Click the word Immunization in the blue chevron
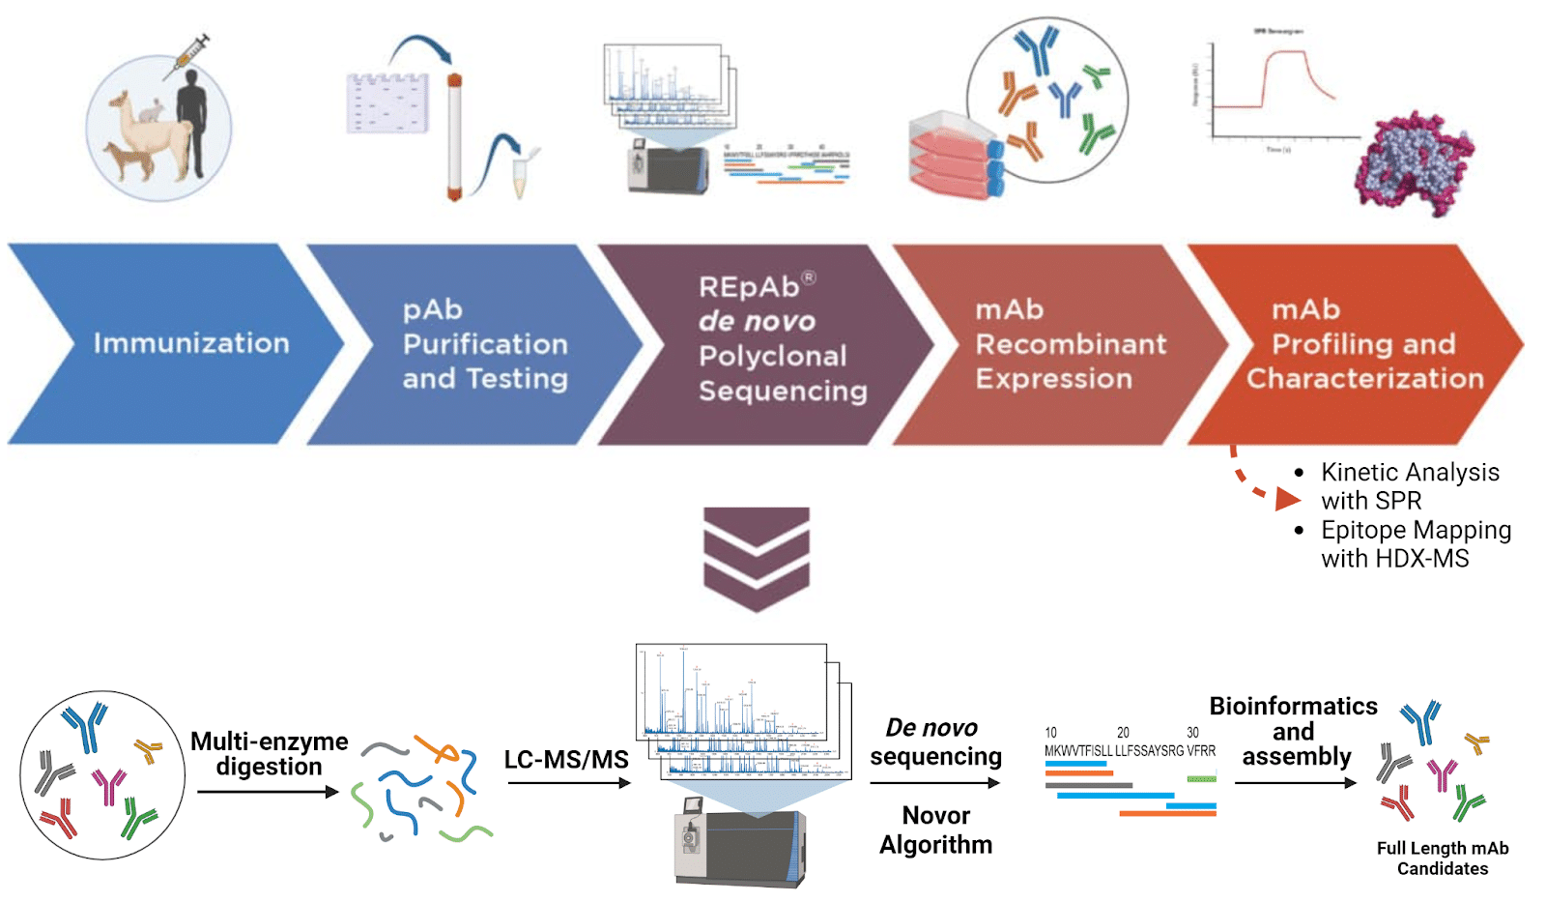(191, 343)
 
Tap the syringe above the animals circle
(187, 56)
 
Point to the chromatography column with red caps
(454, 135)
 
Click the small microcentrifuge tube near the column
(521, 175)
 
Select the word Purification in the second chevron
(485, 344)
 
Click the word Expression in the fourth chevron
(1053, 378)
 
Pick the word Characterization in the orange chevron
(1364, 378)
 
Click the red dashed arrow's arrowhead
(1286, 499)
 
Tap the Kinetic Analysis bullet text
(1409, 473)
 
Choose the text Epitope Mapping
(1415, 530)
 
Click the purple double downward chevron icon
(757, 558)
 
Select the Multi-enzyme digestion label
(269, 754)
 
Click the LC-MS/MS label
(566, 760)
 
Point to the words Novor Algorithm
(935, 829)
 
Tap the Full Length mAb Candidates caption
(1442, 858)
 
